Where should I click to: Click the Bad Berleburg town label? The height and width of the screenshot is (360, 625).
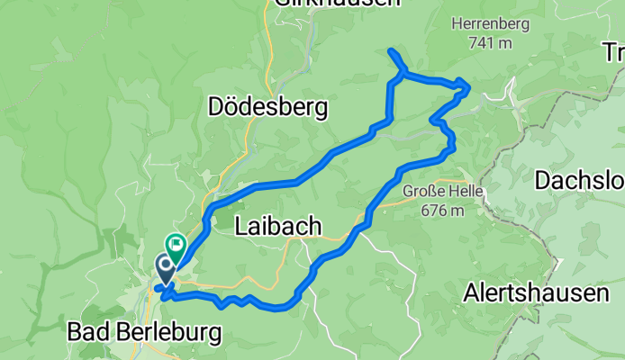coord(144,333)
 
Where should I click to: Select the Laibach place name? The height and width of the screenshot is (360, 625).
coord(277,227)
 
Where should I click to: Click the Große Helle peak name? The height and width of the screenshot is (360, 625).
coord(443,193)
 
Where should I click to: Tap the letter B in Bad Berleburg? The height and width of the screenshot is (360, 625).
coord(76,333)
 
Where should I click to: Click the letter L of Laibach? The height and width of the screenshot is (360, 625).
coord(240,227)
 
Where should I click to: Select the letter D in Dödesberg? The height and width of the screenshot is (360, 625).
coord(215,108)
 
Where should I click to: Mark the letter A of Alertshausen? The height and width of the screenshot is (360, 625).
coord(472,292)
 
